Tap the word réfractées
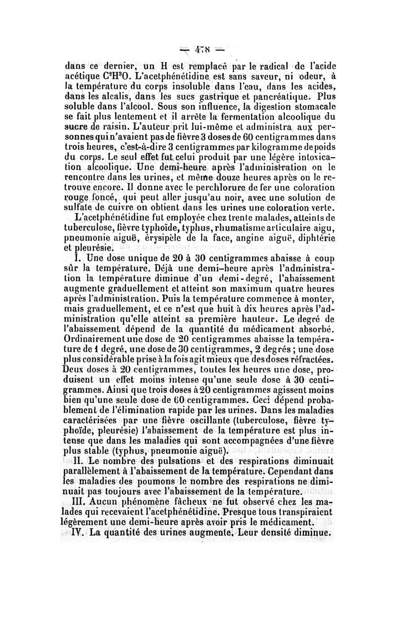[306, 361]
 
